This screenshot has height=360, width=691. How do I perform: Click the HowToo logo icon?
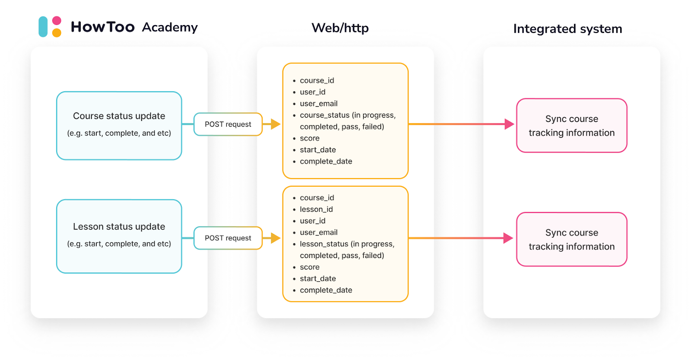50,27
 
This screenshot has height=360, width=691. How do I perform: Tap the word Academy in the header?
170,27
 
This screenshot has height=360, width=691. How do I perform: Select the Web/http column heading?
340,28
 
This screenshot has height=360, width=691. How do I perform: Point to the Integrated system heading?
567,29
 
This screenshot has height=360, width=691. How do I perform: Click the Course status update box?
119,125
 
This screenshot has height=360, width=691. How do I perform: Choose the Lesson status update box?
119,236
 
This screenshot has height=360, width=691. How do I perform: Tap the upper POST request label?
228,124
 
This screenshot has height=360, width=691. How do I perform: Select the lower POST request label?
228,238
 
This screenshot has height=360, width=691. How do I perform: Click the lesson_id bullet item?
316,209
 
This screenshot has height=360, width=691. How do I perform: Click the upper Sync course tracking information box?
571,125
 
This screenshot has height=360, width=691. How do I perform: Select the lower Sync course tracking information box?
571,239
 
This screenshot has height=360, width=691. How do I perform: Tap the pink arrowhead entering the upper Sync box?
510,124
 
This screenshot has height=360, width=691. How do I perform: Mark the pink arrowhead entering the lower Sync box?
508,238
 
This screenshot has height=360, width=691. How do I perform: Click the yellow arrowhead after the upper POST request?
276,124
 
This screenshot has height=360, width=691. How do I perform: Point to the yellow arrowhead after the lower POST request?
276,238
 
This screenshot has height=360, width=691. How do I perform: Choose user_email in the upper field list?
319,104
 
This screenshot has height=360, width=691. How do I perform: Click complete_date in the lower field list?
326,290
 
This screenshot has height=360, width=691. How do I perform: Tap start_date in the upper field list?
318,150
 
